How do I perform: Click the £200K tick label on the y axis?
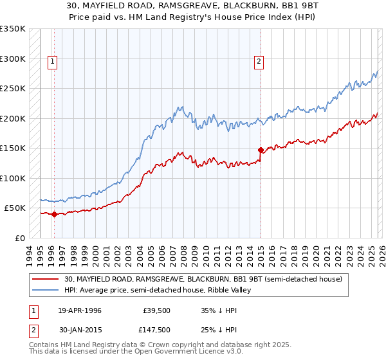pyautogui.click(x=13, y=118)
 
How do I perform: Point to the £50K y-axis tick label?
pyautogui.click(x=15, y=208)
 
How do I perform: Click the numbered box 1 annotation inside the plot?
pyautogui.click(x=53, y=62)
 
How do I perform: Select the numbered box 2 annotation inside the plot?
pyautogui.click(x=259, y=62)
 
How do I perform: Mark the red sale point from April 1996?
pyautogui.click(x=54, y=215)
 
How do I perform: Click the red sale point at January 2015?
pyautogui.click(x=261, y=150)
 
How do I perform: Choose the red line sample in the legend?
pyautogui.click(x=46, y=279)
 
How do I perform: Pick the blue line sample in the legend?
pyautogui.click(x=46, y=290)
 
